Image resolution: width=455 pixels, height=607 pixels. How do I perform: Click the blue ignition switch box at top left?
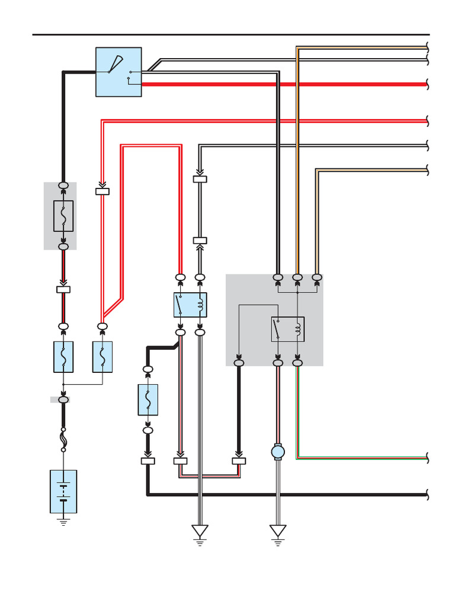[118, 72]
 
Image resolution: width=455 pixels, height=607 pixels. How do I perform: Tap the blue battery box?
[63, 491]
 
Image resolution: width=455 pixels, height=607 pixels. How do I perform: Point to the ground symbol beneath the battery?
[63, 522]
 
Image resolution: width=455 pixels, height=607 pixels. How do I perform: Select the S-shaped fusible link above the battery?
[63, 439]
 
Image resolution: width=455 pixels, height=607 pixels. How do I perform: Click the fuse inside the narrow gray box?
[63, 216]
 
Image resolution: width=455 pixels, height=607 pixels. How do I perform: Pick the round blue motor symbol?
[278, 452]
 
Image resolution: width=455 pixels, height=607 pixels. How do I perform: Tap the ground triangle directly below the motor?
[278, 531]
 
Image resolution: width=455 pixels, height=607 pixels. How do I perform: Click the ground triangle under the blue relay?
[200, 531]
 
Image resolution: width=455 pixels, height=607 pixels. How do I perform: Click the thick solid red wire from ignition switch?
[284, 85]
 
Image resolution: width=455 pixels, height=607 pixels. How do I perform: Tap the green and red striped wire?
[361, 457]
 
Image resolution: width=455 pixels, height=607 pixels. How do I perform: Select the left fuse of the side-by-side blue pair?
[63, 357]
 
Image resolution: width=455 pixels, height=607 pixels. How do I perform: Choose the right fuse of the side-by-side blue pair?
[102, 357]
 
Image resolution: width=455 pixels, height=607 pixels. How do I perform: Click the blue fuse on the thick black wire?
[148, 400]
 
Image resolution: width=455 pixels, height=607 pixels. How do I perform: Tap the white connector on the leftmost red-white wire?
[102, 191]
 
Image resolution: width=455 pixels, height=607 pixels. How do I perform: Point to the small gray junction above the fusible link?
[60, 400]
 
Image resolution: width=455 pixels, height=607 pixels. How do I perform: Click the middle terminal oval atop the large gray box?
[297, 277]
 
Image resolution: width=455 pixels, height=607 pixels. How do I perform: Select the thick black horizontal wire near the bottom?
[296, 494]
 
